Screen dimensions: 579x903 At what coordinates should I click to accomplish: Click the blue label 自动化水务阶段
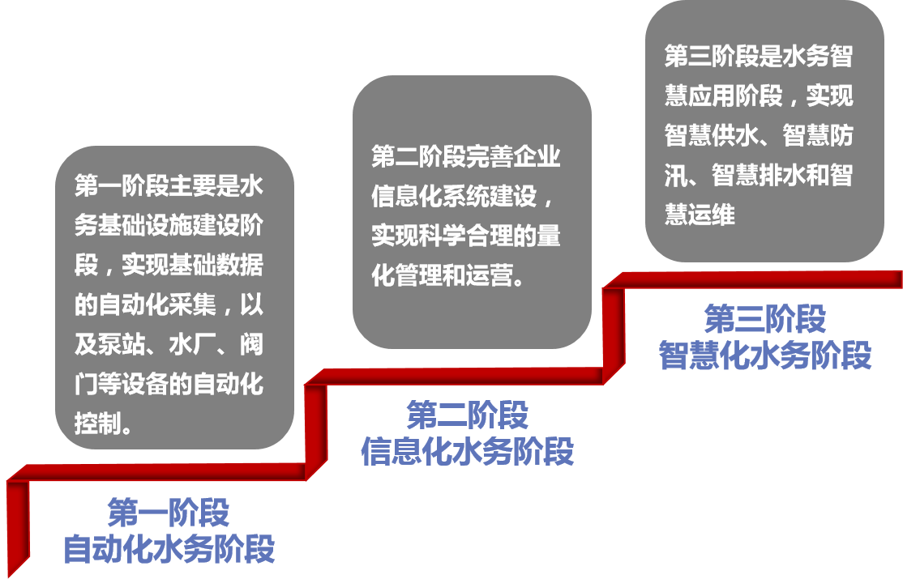[x=169, y=548]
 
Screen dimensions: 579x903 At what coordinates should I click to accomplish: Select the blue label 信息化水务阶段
[x=467, y=451]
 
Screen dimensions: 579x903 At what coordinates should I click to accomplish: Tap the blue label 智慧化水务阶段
[x=765, y=355]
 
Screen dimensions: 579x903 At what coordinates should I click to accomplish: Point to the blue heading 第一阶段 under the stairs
[x=169, y=513]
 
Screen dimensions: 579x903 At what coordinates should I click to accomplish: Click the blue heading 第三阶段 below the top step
[x=765, y=319]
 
